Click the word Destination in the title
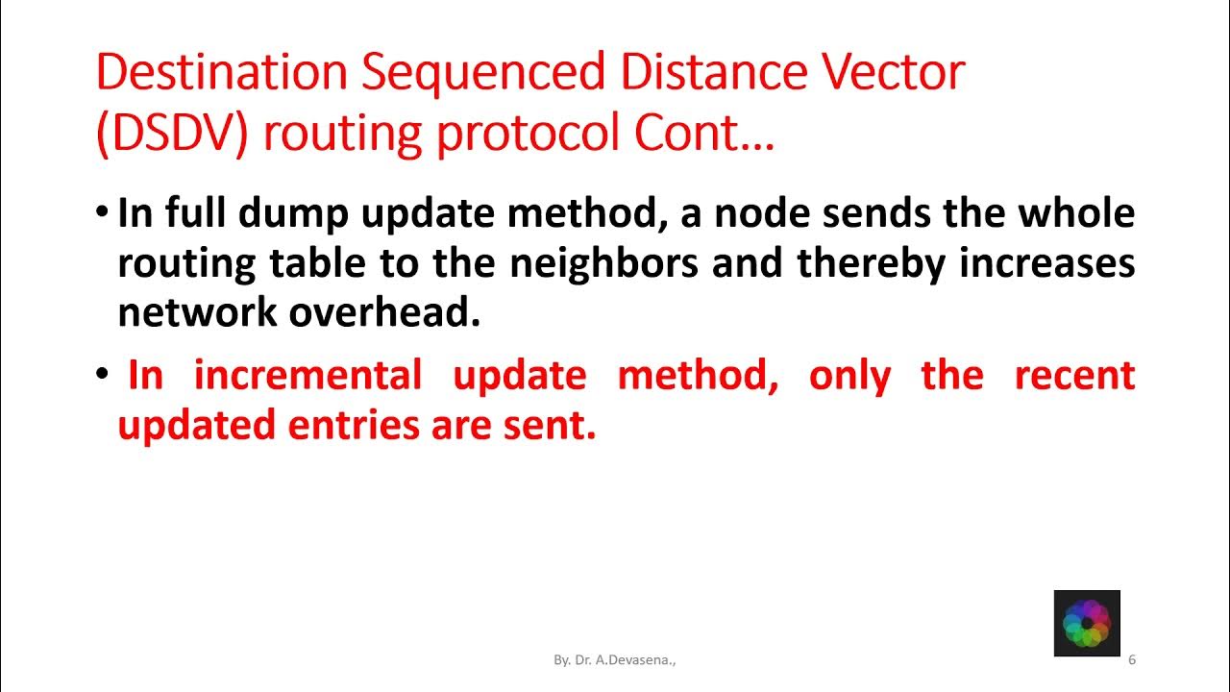pos(222,74)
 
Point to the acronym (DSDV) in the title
pos(172,136)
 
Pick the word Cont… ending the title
pos(703,136)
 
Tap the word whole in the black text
pos(1077,213)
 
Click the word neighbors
pos(603,263)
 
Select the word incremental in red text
pos(307,375)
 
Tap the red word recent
pos(1074,375)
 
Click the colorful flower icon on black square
pos(1087,623)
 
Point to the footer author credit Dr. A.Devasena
pos(614,660)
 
